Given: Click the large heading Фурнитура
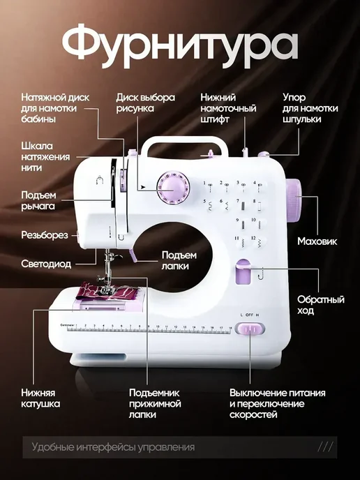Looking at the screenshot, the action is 180,46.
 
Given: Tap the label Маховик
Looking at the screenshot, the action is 317,241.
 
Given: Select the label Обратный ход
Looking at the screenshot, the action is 320,305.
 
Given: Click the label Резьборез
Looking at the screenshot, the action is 45,235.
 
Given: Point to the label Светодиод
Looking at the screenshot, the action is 46,264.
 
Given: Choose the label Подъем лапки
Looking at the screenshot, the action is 179,260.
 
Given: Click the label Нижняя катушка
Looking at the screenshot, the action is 40,398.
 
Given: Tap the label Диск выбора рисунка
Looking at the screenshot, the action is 145,103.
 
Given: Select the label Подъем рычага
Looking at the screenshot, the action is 38,200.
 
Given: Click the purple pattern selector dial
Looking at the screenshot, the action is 173,188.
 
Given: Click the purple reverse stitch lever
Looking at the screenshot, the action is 243,271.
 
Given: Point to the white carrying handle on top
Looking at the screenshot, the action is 185,146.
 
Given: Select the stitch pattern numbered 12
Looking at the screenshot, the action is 259,243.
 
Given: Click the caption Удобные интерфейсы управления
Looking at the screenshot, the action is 113,447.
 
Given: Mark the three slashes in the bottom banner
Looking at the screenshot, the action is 325,447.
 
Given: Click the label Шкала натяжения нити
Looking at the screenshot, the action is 45,157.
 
